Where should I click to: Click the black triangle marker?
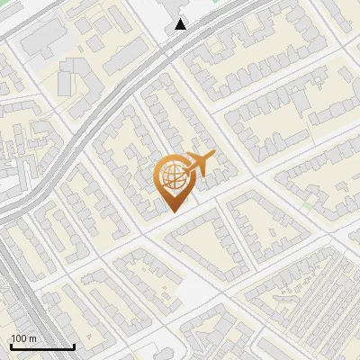pyautogui.click(x=182, y=24)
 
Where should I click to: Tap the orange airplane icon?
pyautogui.click(x=200, y=165)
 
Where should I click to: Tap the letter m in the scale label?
pyautogui.click(x=33, y=338)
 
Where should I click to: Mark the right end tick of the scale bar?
pyautogui.click(x=74, y=346)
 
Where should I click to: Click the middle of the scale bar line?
pyautogui.click(x=41, y=347)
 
